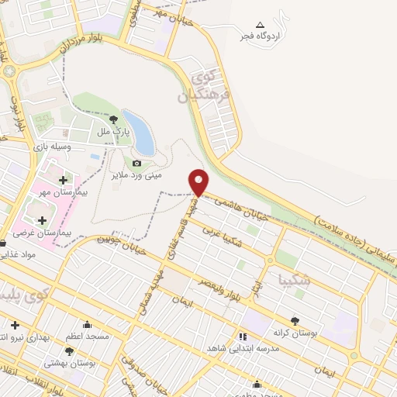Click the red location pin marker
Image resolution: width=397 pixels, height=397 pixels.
click(200, 181)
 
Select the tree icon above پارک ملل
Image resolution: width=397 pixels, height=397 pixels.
click(115, 119)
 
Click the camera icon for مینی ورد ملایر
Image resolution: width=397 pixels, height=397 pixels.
click(137, 163)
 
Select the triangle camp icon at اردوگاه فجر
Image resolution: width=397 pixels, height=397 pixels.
click(260, 24)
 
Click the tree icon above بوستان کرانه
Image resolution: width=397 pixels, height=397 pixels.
click(295, 320)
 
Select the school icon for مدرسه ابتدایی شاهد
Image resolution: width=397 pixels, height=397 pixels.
click(243, 337)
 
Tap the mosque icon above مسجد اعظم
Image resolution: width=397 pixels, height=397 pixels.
click(87, 324)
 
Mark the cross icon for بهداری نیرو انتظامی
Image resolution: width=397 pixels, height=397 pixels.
click(15, 324)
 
